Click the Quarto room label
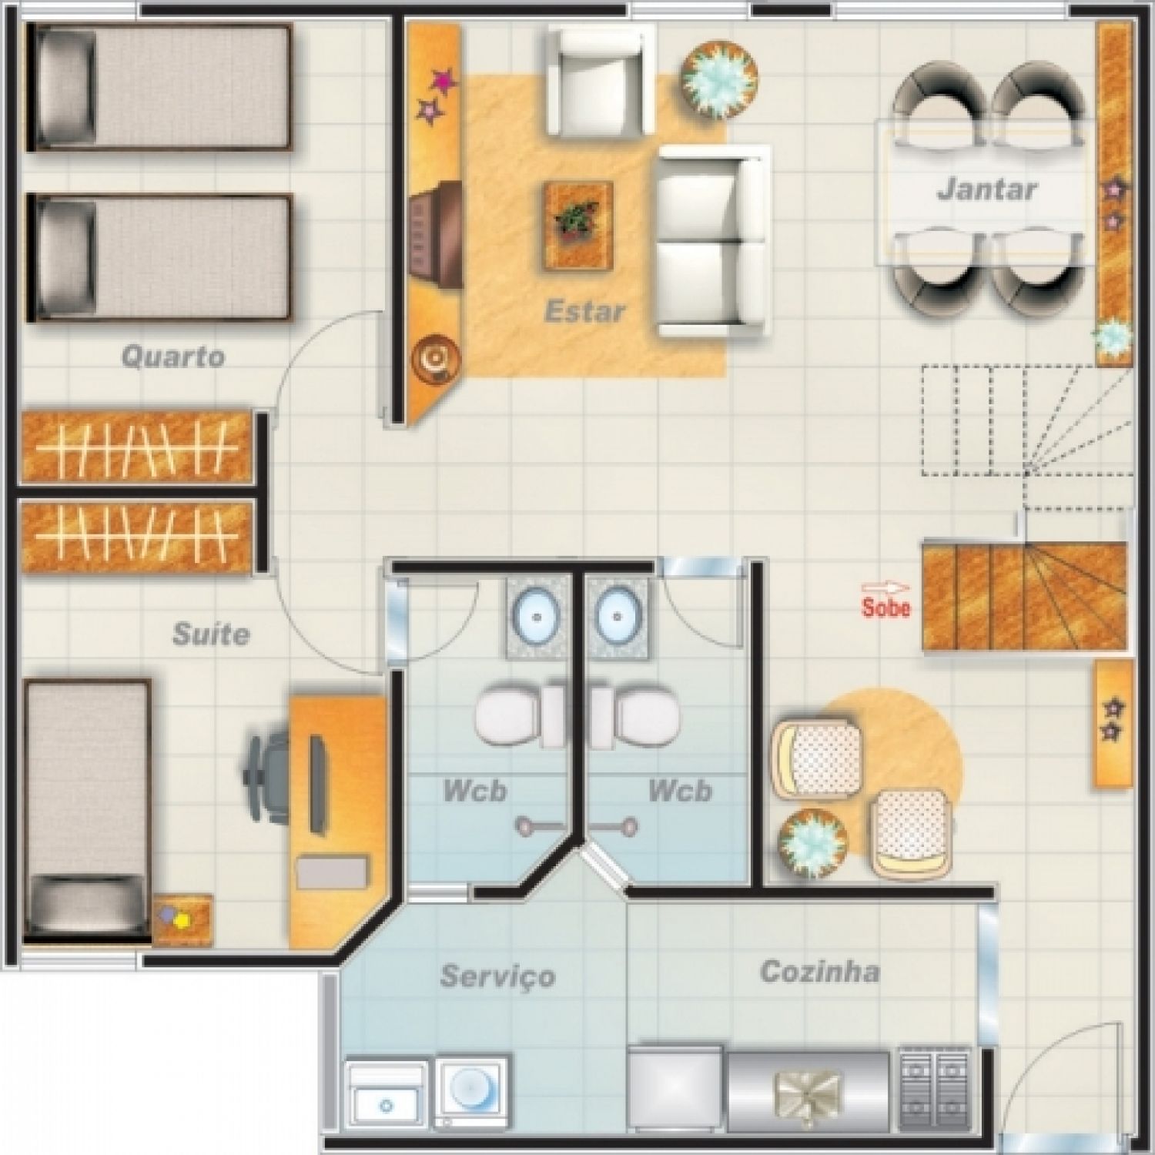(x=173, y=357)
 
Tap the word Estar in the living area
(x=584, y=312)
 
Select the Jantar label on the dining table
(x=987, y=189)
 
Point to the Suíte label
(x=211, y=634)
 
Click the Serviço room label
(x=497, y=976)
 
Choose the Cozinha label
(x=820, y=972)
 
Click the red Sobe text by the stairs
(x=886, y=608)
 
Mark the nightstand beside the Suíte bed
(x=182, y=920)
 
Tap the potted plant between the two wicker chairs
(x=813, y=845)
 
